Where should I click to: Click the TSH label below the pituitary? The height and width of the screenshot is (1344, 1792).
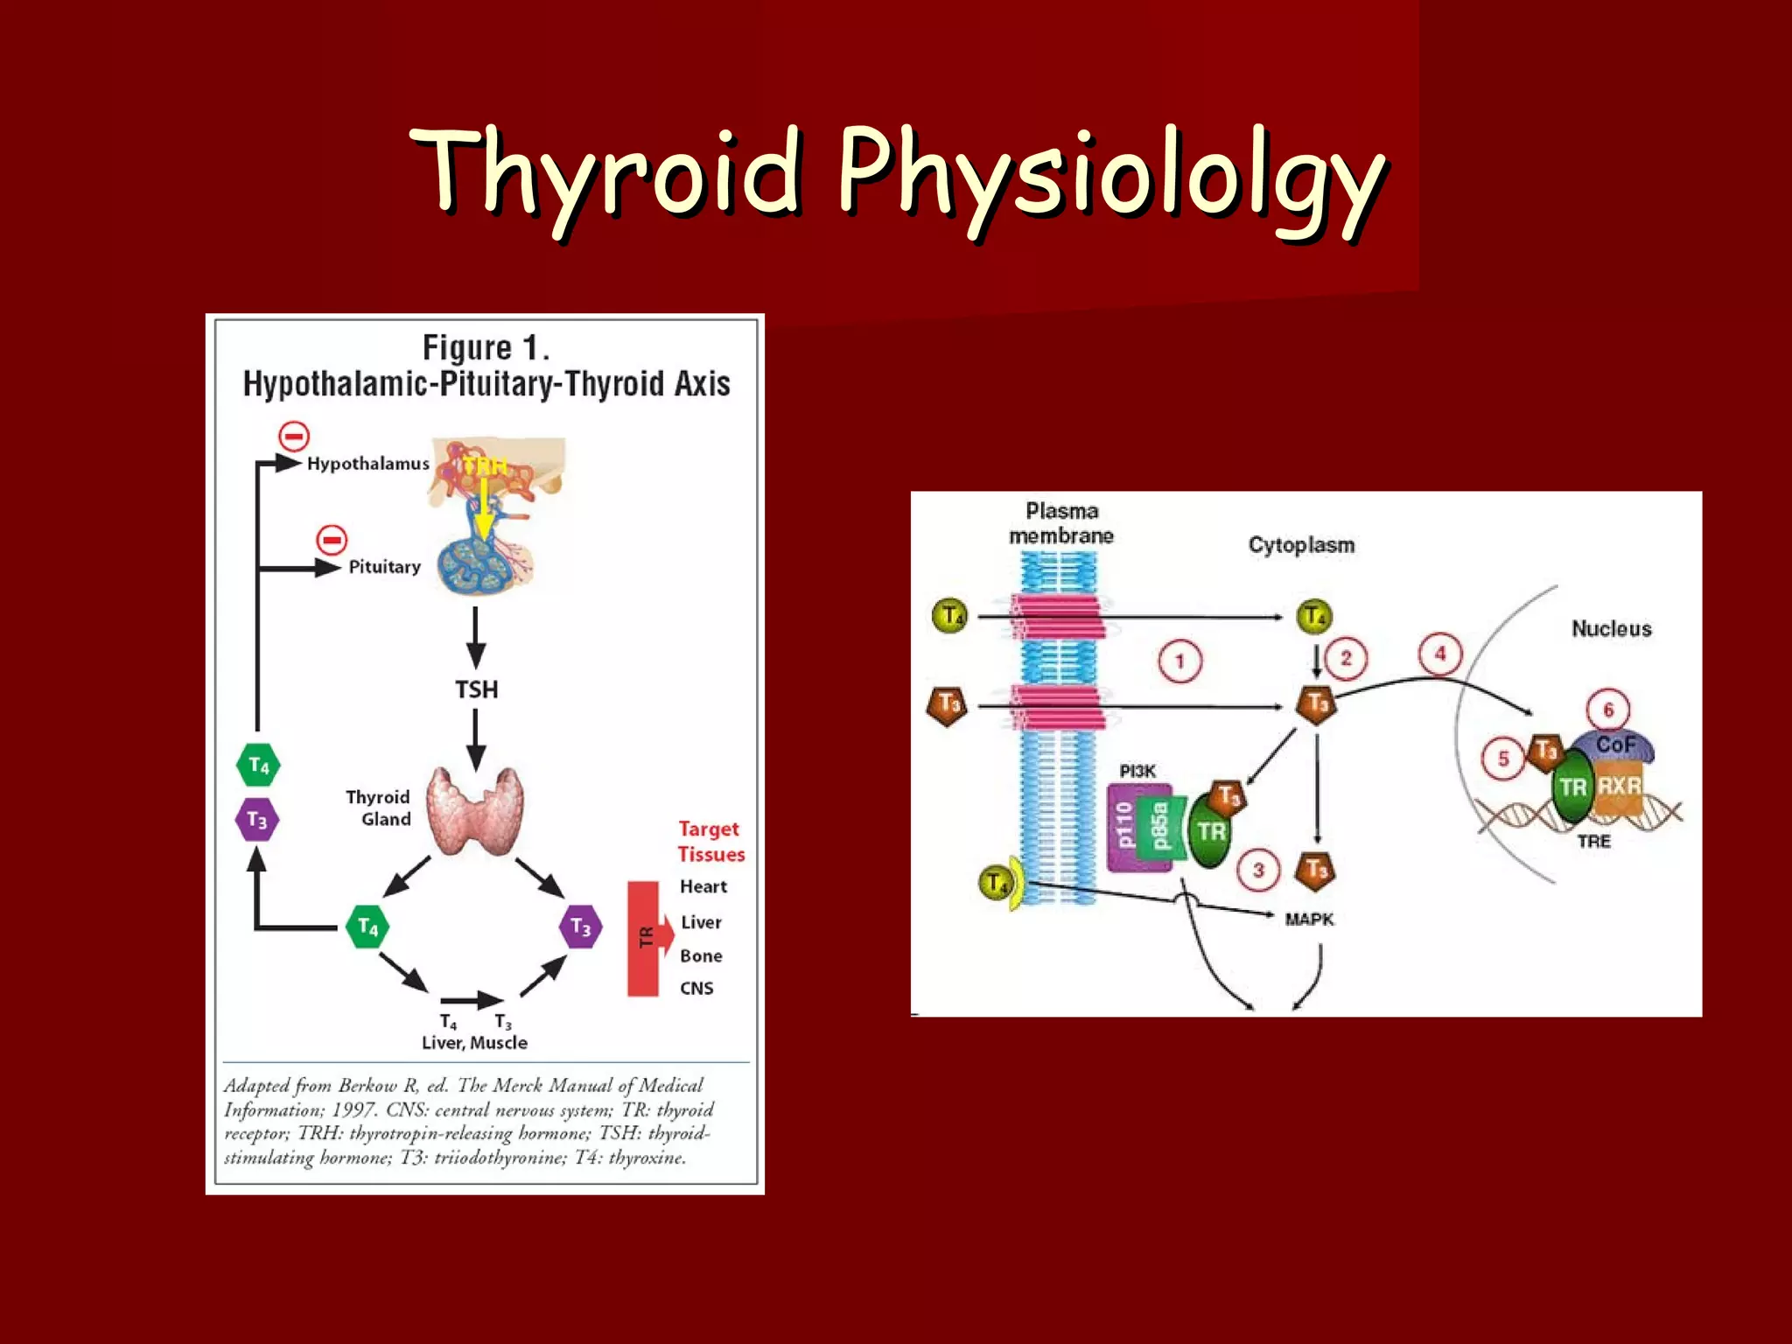476,689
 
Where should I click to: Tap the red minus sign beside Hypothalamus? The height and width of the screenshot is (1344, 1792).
294,436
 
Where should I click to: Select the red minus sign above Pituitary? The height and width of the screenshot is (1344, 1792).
332,540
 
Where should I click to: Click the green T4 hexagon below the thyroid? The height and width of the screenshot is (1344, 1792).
367,927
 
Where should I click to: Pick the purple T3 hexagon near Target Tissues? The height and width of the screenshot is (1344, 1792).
581,927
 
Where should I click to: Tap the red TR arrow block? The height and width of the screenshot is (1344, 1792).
648,937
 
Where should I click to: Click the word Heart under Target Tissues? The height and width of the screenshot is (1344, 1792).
703,886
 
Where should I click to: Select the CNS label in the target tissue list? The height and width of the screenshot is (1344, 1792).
696,988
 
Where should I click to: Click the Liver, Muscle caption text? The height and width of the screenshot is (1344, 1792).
474,1042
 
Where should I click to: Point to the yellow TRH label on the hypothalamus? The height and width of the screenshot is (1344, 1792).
484,465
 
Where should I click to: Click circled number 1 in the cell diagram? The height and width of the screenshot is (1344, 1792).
1179,661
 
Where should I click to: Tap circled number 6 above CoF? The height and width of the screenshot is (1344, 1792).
1607,710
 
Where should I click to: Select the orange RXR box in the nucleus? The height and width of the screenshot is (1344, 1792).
1619,786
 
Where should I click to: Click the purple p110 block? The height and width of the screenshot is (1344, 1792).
1125,826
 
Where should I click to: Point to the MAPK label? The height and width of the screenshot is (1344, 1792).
1309,919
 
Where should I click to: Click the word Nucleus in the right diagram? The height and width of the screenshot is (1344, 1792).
1611,628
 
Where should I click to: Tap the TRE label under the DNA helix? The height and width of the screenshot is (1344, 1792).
1593,841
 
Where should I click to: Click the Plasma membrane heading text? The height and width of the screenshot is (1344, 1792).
1061,523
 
